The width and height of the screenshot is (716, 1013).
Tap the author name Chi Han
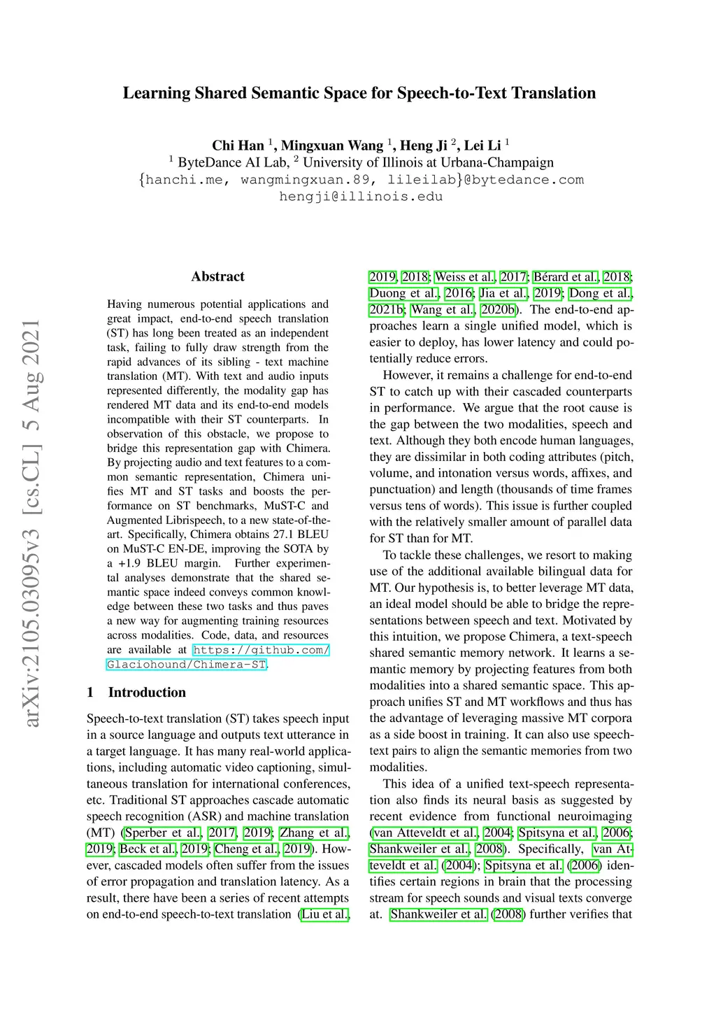[x=238, y=146]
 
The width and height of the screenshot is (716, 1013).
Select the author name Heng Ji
[x=423, y=146]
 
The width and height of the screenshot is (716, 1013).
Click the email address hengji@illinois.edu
[x=361, y=197]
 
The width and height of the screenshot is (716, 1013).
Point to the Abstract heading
[x=217, y=276]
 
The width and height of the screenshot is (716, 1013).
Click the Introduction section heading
[x=147, y=692]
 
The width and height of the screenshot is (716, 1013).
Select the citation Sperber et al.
[x=163, y=833]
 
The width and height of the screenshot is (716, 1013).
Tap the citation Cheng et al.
[x=247, y=849]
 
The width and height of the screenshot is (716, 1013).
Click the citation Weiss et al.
[x=465, y=277]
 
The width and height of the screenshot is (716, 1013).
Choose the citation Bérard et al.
[x=565, y=277]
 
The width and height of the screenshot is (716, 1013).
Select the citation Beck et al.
[x=148, y=849]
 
